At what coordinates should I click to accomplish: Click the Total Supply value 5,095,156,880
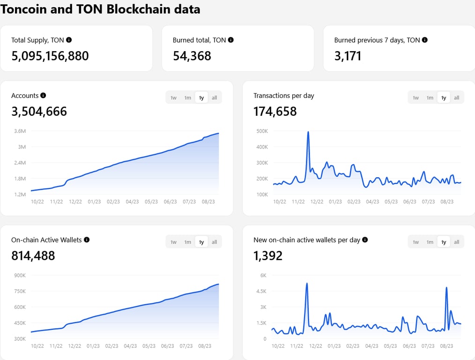[50, 56]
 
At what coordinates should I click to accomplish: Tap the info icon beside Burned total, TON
[230, 40]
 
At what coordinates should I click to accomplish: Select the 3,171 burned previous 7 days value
[348, 56]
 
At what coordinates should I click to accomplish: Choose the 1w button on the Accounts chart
[173, 97]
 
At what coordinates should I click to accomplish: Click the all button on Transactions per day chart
[456, 97]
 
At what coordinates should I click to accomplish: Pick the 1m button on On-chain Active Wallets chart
[187, 242]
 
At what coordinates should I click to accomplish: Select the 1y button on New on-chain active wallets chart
[443, 242]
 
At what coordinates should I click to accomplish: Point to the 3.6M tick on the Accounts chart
[20, 131]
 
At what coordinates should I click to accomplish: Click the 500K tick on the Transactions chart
[262, 131]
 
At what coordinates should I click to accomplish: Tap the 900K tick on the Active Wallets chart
[20, 275]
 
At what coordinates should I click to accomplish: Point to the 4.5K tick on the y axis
[262, 291]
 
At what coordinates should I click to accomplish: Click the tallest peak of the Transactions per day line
[308, 132]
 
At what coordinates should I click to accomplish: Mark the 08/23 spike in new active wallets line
[446, 287]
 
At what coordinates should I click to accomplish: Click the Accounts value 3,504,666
[39, 111]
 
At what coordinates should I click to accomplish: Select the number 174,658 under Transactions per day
[275, 111]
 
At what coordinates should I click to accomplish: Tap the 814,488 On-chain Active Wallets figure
[33, 255]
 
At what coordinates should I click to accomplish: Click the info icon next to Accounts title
[43, 95]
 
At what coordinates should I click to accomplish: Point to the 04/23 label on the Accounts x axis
[132, 202]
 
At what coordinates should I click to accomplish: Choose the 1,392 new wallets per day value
[268, 255]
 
